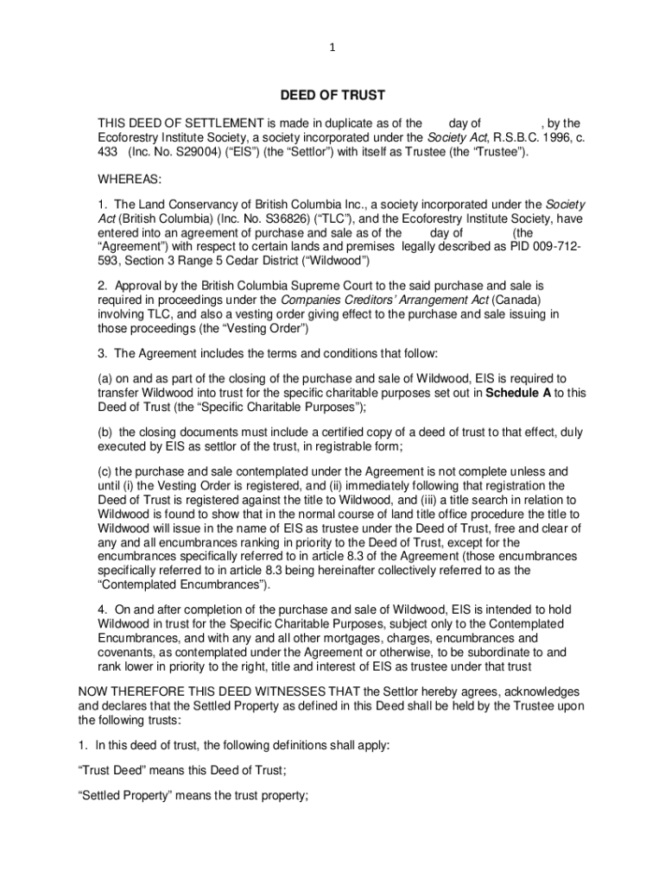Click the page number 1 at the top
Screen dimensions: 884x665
332,49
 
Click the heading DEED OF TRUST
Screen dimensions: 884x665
332,95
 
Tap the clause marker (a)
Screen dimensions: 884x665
105,379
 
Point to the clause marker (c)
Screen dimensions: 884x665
105,471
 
